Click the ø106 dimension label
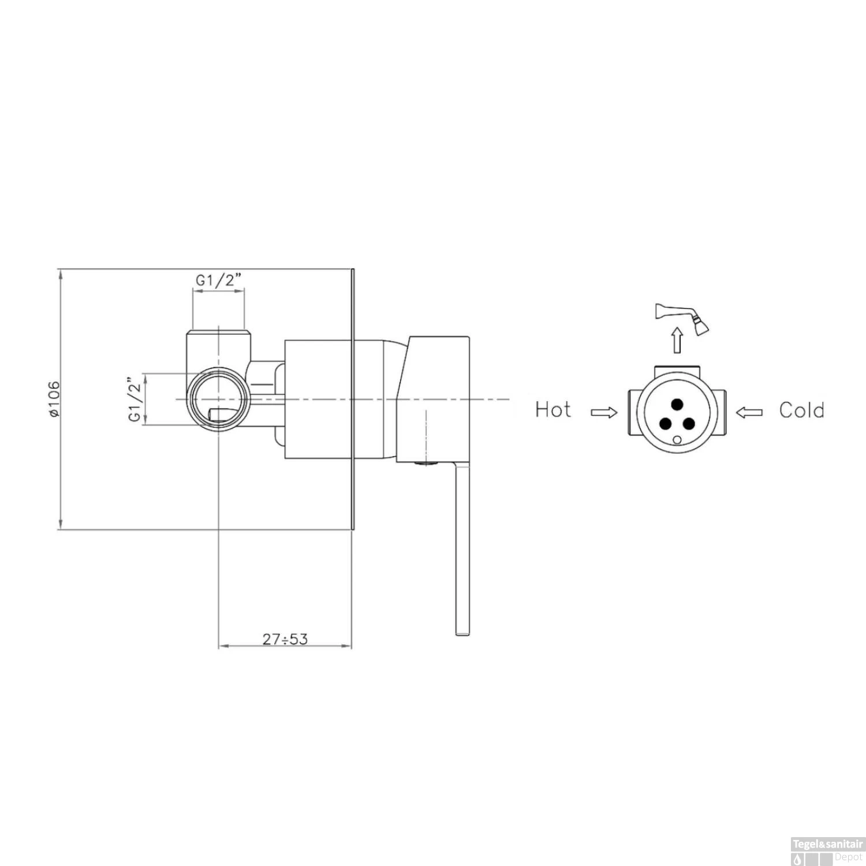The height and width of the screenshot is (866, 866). [53, 399]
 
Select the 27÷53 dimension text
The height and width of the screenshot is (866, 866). [285, 639]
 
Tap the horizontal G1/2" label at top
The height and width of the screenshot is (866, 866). [218, 281]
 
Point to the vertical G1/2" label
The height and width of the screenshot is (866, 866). [135, 400]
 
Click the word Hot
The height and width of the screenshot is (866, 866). [553, 410]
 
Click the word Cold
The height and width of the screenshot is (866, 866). [801, 410]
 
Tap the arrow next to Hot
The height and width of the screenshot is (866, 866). [604, 412]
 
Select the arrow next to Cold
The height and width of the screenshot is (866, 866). [749, 412]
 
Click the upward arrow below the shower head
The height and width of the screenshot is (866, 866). [677, 340]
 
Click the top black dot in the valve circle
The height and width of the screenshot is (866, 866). [677, 404]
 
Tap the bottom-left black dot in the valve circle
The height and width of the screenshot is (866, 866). [666, 424]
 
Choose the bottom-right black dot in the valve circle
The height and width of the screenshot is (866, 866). [689, 424]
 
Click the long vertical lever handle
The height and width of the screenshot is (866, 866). [463, 548]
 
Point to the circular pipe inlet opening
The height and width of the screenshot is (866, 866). [219, 399]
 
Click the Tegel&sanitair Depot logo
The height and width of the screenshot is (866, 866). [827, 851]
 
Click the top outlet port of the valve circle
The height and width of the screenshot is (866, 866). [677, 369]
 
